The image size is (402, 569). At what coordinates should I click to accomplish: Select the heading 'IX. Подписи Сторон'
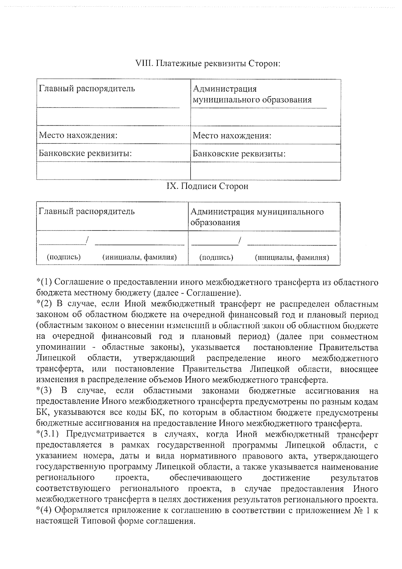point(207,186)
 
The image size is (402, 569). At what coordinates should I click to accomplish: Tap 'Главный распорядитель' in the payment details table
point(87,89)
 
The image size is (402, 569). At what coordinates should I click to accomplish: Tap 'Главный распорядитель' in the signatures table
point(87,212)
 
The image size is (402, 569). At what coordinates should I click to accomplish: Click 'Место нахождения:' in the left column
point(78,136)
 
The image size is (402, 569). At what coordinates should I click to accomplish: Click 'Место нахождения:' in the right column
point(232,136)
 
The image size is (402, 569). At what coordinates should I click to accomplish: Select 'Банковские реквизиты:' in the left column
point(85,154)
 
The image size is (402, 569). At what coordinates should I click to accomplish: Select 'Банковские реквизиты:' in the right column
point(239,154)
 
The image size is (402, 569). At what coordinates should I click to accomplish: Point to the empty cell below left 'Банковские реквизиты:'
point(113,171)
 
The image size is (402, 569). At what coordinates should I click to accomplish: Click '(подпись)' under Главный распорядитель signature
point(64,257)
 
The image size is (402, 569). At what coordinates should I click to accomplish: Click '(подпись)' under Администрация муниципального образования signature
point(216,258)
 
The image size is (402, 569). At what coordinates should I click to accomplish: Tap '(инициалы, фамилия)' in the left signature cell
point(139,257)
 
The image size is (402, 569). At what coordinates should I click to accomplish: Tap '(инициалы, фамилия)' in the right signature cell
point(292,258)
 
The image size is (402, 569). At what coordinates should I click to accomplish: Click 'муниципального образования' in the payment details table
point(252,100)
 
